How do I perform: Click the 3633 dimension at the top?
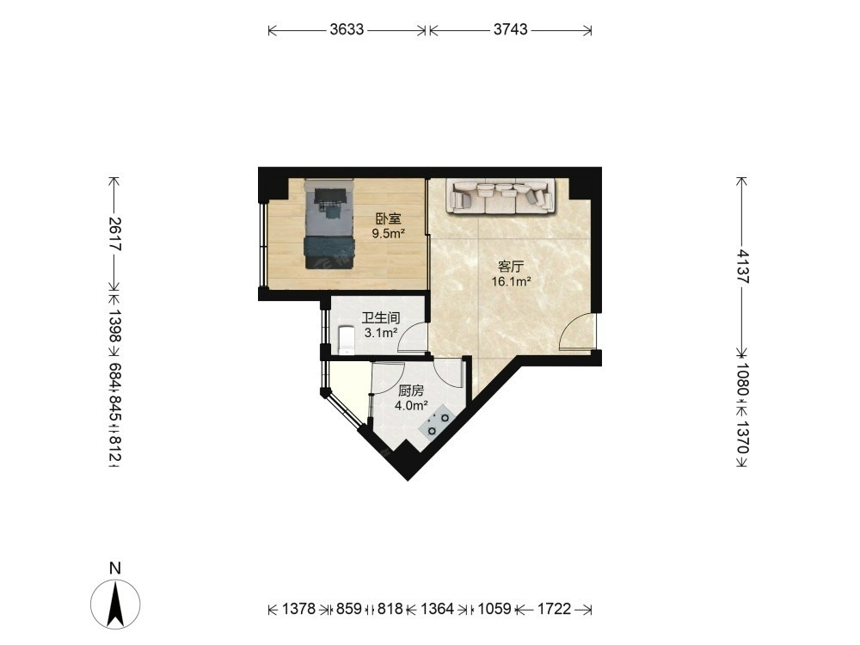[347, 29]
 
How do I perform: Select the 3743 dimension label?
[510, 29]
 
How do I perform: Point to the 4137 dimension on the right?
[742, 267]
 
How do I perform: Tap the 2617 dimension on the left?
[114, 234]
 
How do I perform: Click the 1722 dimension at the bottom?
[554, 609]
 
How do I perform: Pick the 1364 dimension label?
[437, 609]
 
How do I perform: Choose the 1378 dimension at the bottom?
[299, 609]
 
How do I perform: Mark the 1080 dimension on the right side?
[742, 379]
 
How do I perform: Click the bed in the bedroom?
[329, 224]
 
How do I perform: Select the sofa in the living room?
[501, 196]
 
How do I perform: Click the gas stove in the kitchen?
[437, 421]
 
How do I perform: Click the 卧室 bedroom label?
[389, 218]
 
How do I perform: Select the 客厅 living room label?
[511, 267]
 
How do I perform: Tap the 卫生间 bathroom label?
[381, 317]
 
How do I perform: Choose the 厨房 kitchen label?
[411, 391]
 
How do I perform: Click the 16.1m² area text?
[511, 282]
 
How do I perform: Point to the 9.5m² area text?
[389, 234]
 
